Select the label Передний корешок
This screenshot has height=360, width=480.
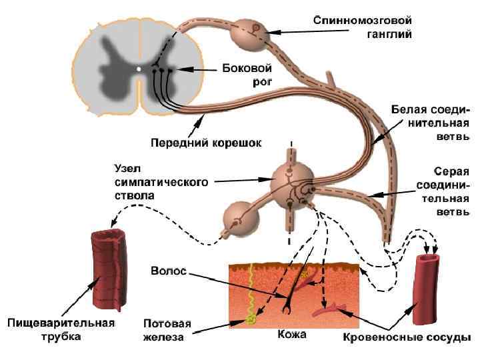(206, 142)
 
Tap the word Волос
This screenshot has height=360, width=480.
(169, 272)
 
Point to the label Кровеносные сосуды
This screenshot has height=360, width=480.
(402, 338)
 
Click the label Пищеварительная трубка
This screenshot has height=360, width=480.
(61, 330)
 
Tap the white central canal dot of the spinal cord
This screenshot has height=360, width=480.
(139, 68)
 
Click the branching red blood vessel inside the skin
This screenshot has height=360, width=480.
(330, 309)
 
